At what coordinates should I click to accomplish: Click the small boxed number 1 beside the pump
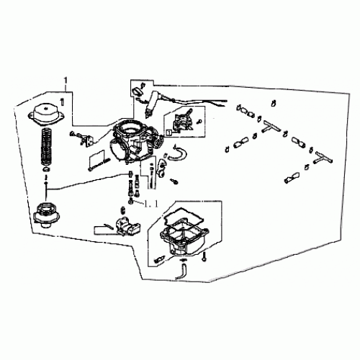[169, 132]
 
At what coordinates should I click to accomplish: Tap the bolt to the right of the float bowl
[205, 256]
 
